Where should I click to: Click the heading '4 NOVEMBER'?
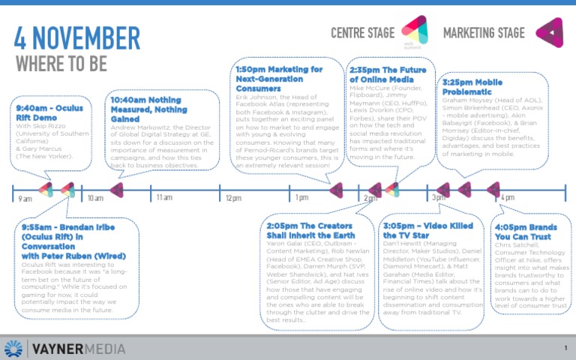pyautogui.click(x=77, y=37)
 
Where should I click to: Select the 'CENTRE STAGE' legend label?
pyautogui.click(x=364, y=33)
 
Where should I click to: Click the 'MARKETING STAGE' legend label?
pyautogui.click(x=484, y=33)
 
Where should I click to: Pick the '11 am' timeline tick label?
pyautogui.click(x=164, y=197)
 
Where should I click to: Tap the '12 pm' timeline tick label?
pyautogui.click(x=233, y=198)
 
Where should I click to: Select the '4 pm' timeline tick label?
pyautogui.click(x=508, y=197)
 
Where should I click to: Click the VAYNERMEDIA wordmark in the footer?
pyautogui.click(x=77, y=348)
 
